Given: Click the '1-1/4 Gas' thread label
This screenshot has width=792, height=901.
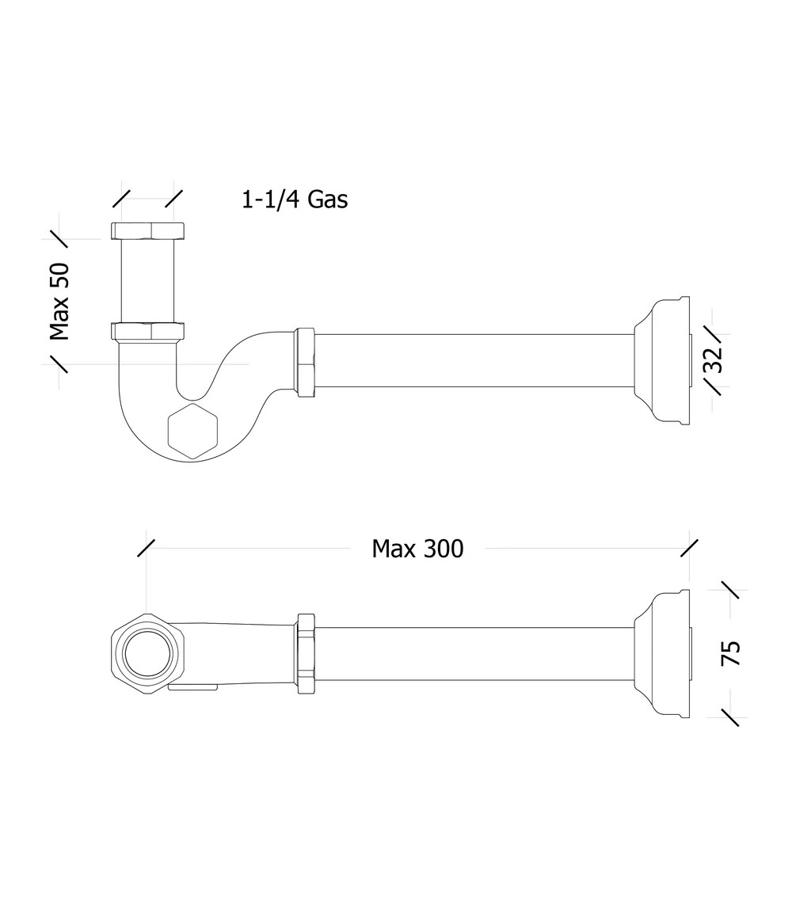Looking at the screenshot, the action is pyautogui.click(x=295, y=200).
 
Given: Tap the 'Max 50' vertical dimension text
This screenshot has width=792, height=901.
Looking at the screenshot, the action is pyautogui.click(x=59, y=302).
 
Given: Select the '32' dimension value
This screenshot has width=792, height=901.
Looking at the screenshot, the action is pyautogui.click(x=712, y=359).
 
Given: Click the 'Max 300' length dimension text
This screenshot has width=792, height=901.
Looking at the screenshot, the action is pyautogui.click(x=417, y=549).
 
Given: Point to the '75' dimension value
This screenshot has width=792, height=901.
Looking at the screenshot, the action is pyautogui.click(x=730, y=653).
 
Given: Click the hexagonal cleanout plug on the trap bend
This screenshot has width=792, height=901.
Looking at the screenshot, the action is pyautogui.click(x=193, y=431).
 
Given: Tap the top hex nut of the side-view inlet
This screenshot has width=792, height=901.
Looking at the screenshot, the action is pyautogui.click(x=148, y=230).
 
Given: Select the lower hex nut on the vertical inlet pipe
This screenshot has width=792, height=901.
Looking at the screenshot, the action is pyautogui.click(x=148, y=332).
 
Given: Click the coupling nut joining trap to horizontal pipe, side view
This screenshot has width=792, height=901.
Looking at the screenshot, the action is pyautogui.click(x=305, y=362).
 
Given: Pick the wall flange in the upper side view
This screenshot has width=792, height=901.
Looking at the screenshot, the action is pyautogui.click(x=662, y=361).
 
